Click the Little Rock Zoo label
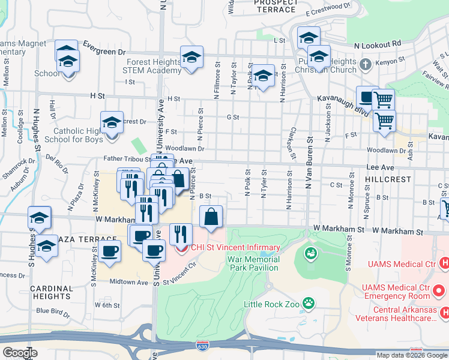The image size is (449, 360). (271, 304)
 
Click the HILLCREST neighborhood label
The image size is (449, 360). (388, 179)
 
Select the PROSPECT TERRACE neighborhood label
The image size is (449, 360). (275, 5)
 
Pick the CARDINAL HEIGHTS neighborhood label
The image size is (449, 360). (52, 292)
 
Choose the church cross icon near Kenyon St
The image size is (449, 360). (366, 63)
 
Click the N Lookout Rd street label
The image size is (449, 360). (377, 44)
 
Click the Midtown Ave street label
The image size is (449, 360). (129, 281)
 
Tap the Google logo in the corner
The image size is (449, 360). (20, 353)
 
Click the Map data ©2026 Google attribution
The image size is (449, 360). (412, 355)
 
